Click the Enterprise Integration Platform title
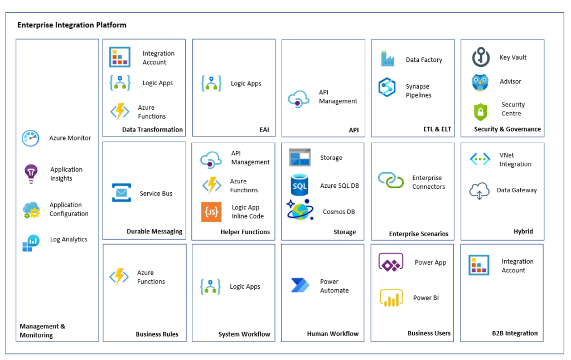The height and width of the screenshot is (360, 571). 72,25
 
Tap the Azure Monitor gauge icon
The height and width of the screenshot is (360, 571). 30,138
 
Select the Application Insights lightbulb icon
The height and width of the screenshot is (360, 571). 30,174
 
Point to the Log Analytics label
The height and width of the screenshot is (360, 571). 69,240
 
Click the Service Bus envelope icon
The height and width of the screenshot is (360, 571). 121,193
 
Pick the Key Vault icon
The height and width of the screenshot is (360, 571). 481,57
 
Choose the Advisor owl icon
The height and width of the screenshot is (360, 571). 480,82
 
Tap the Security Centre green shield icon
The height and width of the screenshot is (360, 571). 481,111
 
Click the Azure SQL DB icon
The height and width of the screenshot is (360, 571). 300,186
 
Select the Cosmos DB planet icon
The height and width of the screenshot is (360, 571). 301,211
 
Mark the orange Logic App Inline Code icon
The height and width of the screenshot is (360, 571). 211,212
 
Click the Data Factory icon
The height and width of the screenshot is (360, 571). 387,59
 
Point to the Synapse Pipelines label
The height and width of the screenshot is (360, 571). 418,91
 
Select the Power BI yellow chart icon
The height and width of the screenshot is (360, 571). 391,298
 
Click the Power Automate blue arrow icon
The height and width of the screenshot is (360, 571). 300,285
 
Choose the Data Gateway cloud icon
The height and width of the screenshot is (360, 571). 480,191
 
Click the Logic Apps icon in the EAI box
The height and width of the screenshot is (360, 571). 211,84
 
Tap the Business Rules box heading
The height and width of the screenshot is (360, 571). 157,334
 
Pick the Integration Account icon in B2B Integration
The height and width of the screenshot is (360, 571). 479,265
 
